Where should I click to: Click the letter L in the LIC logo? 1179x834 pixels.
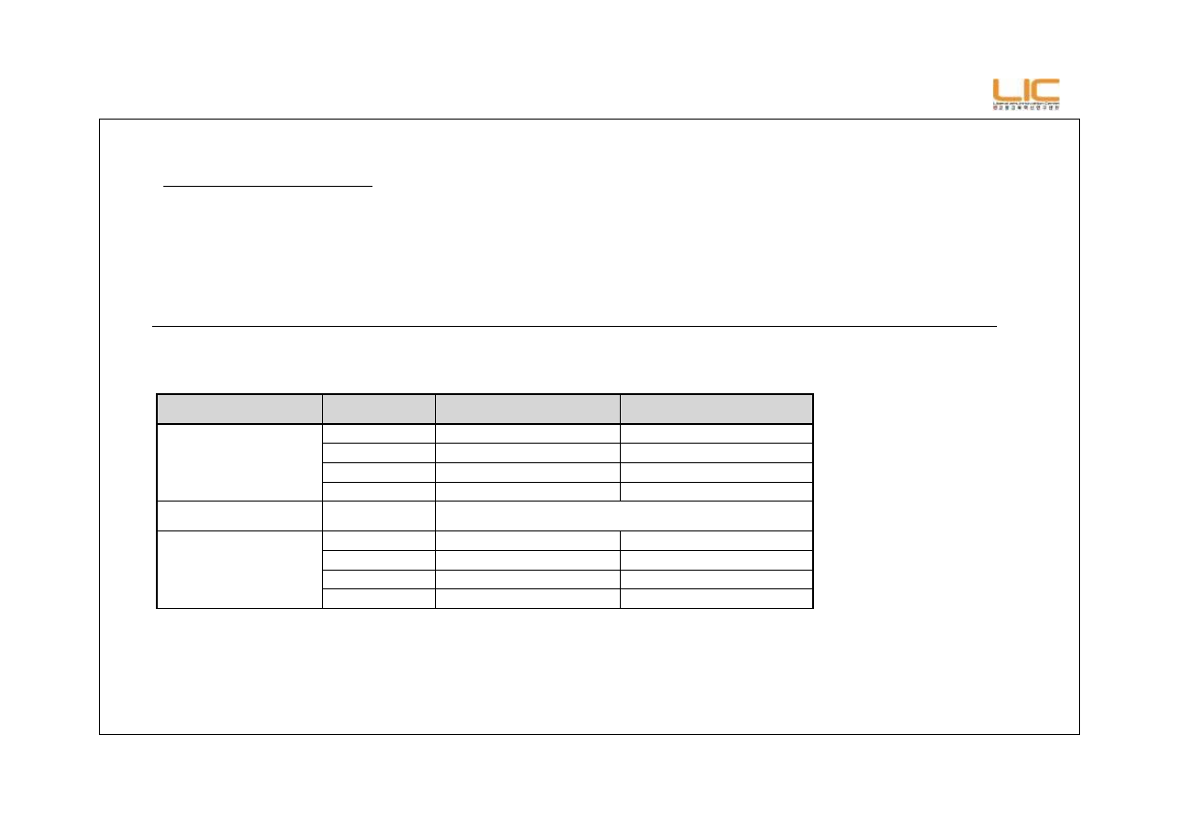1004,91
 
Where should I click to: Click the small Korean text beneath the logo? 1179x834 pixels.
1026,107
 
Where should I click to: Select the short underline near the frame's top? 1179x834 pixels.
268,186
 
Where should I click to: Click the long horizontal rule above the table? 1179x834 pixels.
574,327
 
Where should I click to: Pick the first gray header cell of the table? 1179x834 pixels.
239,409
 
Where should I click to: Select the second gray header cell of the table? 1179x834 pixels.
378,409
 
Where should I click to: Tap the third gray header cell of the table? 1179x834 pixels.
527,409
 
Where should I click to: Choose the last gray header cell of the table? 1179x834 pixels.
716,409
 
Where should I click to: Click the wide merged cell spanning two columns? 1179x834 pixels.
623,515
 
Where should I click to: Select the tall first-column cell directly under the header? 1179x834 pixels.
239,462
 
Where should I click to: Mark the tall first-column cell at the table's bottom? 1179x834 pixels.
239,569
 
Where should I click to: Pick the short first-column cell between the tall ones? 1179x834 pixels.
239,515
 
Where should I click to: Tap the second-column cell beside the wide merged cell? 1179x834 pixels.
378,515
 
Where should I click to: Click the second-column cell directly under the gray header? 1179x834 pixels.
378,433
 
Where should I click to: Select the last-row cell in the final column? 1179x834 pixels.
716,599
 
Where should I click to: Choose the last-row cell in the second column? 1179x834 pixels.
378,599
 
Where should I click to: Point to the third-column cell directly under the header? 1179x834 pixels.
527,433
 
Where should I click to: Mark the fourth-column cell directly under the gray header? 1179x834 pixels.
716,433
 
